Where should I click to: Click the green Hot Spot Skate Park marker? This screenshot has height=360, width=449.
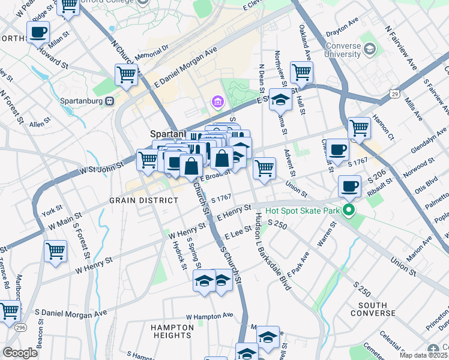(x=348, y=211)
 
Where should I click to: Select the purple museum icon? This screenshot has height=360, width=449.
(x=217, y=103)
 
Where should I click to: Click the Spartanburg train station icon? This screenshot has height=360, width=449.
(x=110, y=100)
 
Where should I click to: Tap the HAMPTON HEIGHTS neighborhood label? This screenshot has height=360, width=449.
(x=172, y=332)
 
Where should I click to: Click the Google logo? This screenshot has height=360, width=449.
(x=20, y=353)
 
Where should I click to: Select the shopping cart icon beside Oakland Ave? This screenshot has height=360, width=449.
(x=301, y=72)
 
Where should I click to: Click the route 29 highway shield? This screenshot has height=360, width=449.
(x=394, y=94)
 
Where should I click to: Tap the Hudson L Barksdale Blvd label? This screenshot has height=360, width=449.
(x=272, y=251)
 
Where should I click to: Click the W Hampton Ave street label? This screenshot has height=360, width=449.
(x=209, y=315)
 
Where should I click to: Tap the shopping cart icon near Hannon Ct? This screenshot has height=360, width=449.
(x=359, y=127)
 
